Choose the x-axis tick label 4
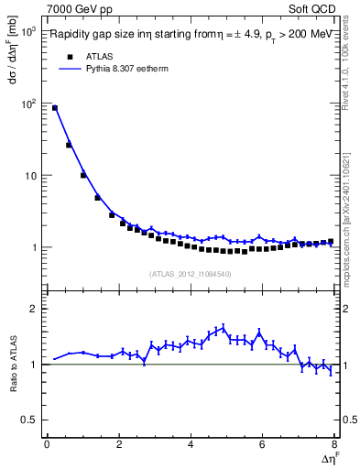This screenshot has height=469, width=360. [x=191, y=445]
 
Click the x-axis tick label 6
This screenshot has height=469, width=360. [x=262, y=445]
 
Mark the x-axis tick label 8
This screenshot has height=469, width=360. [x=334, y=445]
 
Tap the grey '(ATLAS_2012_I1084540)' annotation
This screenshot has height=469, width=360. [x=191, y=273]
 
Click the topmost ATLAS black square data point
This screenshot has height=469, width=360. [x=55, y=108]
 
